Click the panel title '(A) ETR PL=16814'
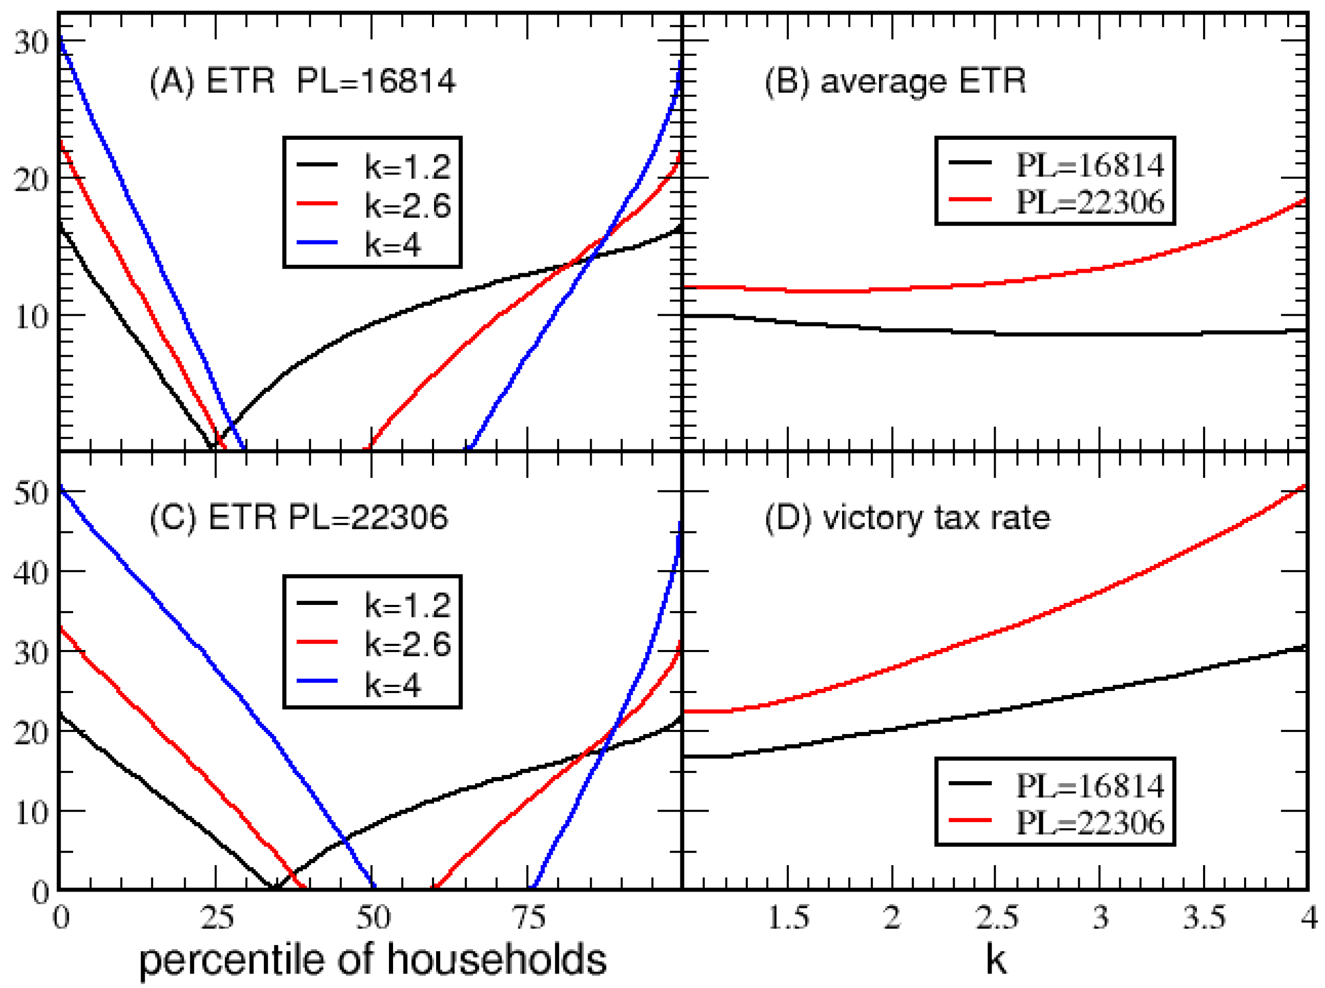coord(302,81)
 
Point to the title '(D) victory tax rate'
coord(906,517)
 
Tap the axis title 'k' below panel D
coord(996,960)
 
